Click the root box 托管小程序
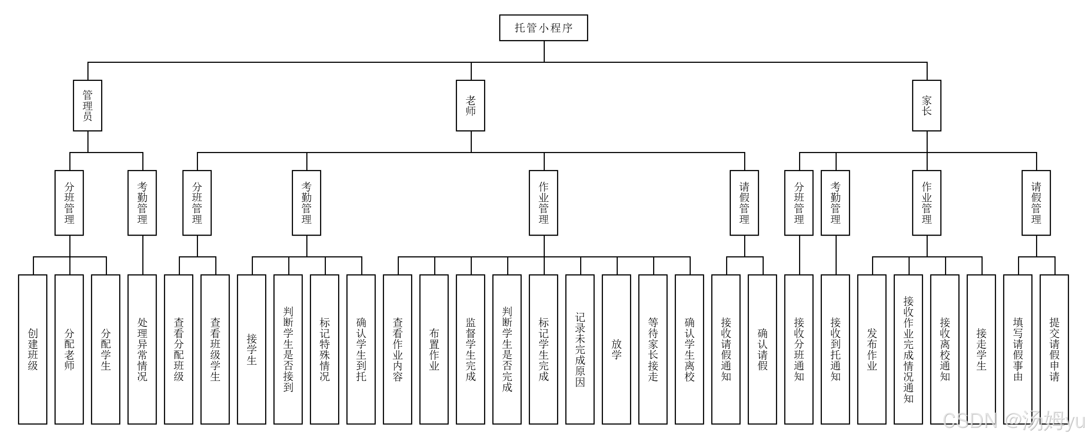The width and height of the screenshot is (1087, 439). pos(543,28)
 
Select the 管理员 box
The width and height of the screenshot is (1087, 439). pos(87,105)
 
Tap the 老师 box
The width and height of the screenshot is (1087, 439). pos(470,105)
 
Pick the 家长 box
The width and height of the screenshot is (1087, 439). pos(927,105)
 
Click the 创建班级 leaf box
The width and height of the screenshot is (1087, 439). pos(33,349)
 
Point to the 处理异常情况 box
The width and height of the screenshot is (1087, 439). pos(142,349)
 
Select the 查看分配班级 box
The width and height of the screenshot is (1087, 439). pos(178,349)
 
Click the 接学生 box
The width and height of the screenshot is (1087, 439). pos(251,349)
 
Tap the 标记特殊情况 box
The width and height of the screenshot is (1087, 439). pos(324,349)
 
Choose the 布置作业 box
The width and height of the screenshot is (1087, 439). pos(434,349)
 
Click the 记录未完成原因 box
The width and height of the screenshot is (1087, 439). pos(580,349)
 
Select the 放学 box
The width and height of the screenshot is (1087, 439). pos(617,349)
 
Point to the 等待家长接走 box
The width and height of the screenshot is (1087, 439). pos(653,349)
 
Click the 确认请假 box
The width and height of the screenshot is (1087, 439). pos(763,349)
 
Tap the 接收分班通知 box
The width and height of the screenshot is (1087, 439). pos(799,349)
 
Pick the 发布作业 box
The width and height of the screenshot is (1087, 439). pos(872,349)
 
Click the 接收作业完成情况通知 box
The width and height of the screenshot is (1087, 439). pos(908,349)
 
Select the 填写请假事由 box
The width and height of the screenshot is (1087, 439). pos(1018,349)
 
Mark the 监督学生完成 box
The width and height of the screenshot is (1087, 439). pos(470,349)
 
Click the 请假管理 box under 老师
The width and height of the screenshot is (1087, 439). pos(745,203)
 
